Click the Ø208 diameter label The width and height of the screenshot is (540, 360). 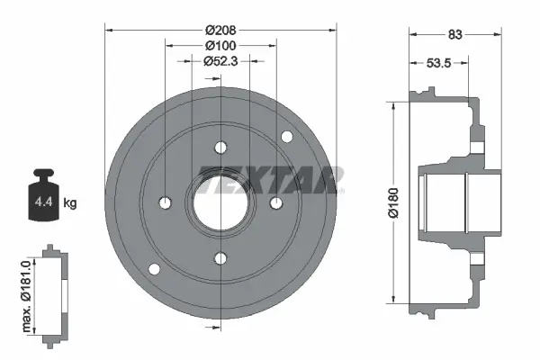220,29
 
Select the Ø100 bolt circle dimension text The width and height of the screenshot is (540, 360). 220,45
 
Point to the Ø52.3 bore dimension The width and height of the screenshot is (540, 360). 220,61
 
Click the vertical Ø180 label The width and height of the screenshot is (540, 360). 393,201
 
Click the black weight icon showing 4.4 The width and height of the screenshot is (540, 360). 42,193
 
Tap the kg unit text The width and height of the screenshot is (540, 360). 70,203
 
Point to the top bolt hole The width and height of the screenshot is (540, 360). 220,148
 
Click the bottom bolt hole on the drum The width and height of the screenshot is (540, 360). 220,259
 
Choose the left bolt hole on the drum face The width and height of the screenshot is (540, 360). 165,202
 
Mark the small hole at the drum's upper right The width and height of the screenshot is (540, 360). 287,137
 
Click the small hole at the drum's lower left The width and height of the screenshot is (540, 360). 154,269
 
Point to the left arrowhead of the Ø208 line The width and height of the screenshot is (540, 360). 110,29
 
